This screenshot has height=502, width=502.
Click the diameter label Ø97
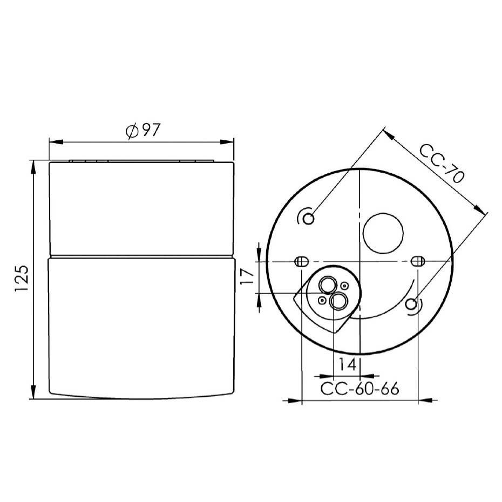142,131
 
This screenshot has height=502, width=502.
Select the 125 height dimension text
22,279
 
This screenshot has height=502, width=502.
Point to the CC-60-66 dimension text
359,389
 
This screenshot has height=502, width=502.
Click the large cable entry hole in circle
383,233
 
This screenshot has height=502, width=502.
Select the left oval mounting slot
300,262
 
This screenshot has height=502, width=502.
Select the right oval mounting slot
417,261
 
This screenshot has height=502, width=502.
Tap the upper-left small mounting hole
308,218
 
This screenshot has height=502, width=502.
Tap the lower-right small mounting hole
411,304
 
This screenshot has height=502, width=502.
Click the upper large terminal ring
327,284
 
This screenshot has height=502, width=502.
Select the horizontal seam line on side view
141,256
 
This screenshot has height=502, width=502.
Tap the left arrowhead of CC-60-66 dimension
295,401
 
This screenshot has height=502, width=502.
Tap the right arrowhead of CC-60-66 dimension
425,401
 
